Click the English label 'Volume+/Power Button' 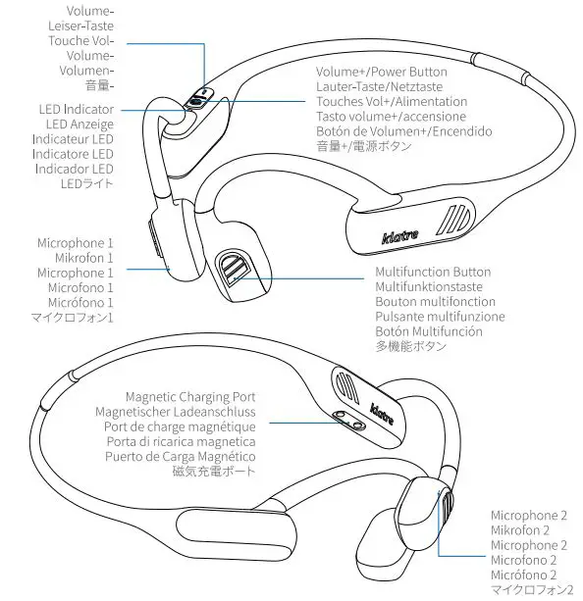(381, 72)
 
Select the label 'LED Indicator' (76, 109)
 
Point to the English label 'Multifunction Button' (433, 272)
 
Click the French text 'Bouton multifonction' (435, 301)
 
